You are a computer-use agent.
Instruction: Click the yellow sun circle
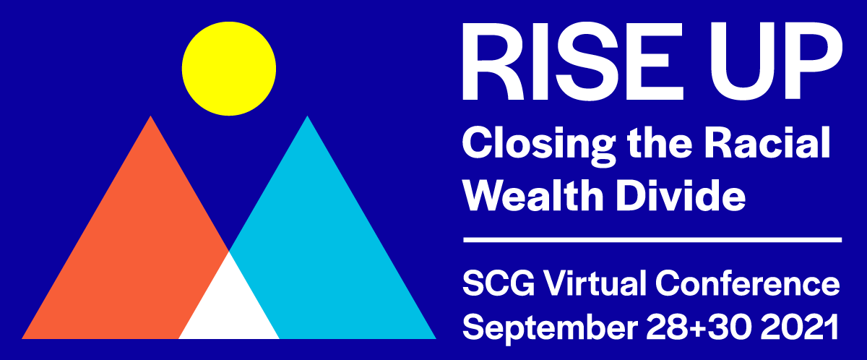229,69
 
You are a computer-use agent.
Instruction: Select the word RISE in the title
574,62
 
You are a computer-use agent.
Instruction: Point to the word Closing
539,146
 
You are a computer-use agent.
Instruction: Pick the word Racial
767,142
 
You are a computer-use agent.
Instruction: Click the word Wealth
533,194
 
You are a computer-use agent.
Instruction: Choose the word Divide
681,194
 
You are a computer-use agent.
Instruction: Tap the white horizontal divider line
652,240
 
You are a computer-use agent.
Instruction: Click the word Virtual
595,283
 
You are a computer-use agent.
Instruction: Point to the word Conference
747,283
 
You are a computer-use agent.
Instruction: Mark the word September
551,329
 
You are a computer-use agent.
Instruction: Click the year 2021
800,327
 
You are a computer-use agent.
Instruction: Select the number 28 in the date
667,327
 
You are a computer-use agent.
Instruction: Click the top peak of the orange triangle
150,116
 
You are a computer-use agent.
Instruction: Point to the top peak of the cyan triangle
307,116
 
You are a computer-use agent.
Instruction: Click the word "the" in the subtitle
660,142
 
